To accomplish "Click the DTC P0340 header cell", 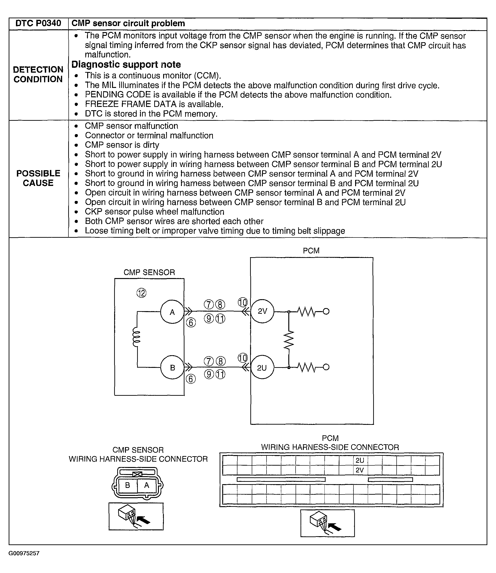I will click(38, 23).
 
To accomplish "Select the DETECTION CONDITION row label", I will click(38, 74).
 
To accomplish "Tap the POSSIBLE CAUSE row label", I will click(38, 178).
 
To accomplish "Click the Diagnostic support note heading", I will click(126, 64).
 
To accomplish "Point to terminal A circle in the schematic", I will click(172, 312).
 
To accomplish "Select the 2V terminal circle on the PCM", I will click(262, 311).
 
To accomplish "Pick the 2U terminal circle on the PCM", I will click(262, 368).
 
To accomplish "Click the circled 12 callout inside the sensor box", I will click(141, 293).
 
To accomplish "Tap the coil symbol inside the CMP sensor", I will click(136, 337).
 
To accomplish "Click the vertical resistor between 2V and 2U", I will click(289, 340).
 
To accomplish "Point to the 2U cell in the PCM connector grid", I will click(360, 460).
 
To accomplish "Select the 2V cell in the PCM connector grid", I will click(360, 470).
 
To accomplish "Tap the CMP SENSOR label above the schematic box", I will click(149, 272).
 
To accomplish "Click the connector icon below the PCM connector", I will click(327, 523).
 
